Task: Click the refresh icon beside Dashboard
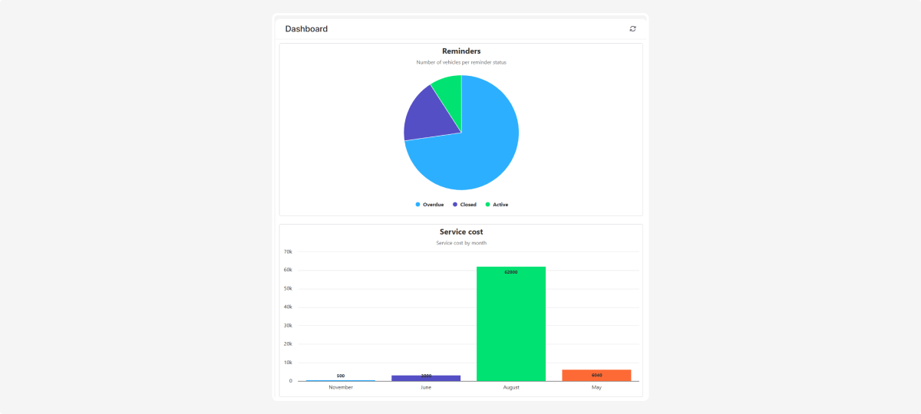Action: (632, 28)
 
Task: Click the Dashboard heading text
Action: (306, 29)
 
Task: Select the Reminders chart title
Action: (461, 51)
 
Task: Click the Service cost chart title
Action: (461, 232)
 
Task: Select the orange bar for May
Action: (596, 376)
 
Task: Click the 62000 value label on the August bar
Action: (511, 272)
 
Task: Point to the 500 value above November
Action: (341, 376)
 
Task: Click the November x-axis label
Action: (341, 387)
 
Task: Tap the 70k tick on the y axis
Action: (289, 251)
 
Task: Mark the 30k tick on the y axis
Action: (289, 326)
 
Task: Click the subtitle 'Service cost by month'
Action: (461, 243)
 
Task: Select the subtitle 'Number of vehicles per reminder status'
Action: (461, 62)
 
